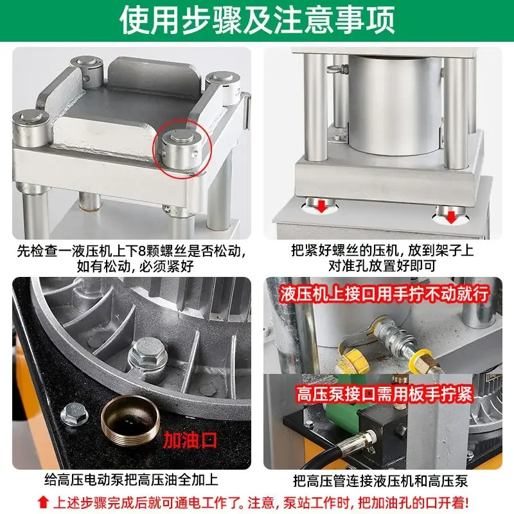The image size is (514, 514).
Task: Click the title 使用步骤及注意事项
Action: pyautogui.click(x=257, y=21)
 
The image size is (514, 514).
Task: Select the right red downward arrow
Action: pyautogui.click(x=451, y=217)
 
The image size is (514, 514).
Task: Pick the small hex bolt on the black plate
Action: pyautogui.click(x=75, y=414)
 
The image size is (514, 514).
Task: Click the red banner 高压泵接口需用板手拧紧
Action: pyautogui.click(x=384, y=393)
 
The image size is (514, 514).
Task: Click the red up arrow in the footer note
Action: pyautogui.click(x=43, y=501)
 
